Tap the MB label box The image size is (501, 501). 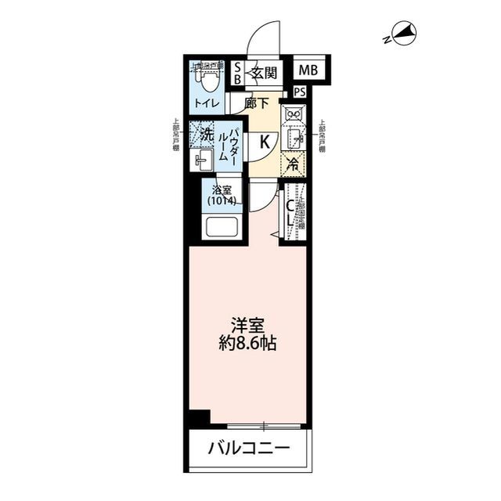tap(308, 71)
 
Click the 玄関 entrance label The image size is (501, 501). tap(264, 74)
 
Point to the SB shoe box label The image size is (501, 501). tap(238, 74)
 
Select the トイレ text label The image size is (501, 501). tap(207, 103)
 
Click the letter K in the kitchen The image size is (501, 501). tap(265, 142)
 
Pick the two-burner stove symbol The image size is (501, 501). tap(294, 116)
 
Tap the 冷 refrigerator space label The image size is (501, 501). tap(293, 164)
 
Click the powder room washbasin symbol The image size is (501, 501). tap(202, 161)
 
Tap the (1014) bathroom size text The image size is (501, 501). tap(222, 201)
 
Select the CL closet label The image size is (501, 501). tap(289, 214)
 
